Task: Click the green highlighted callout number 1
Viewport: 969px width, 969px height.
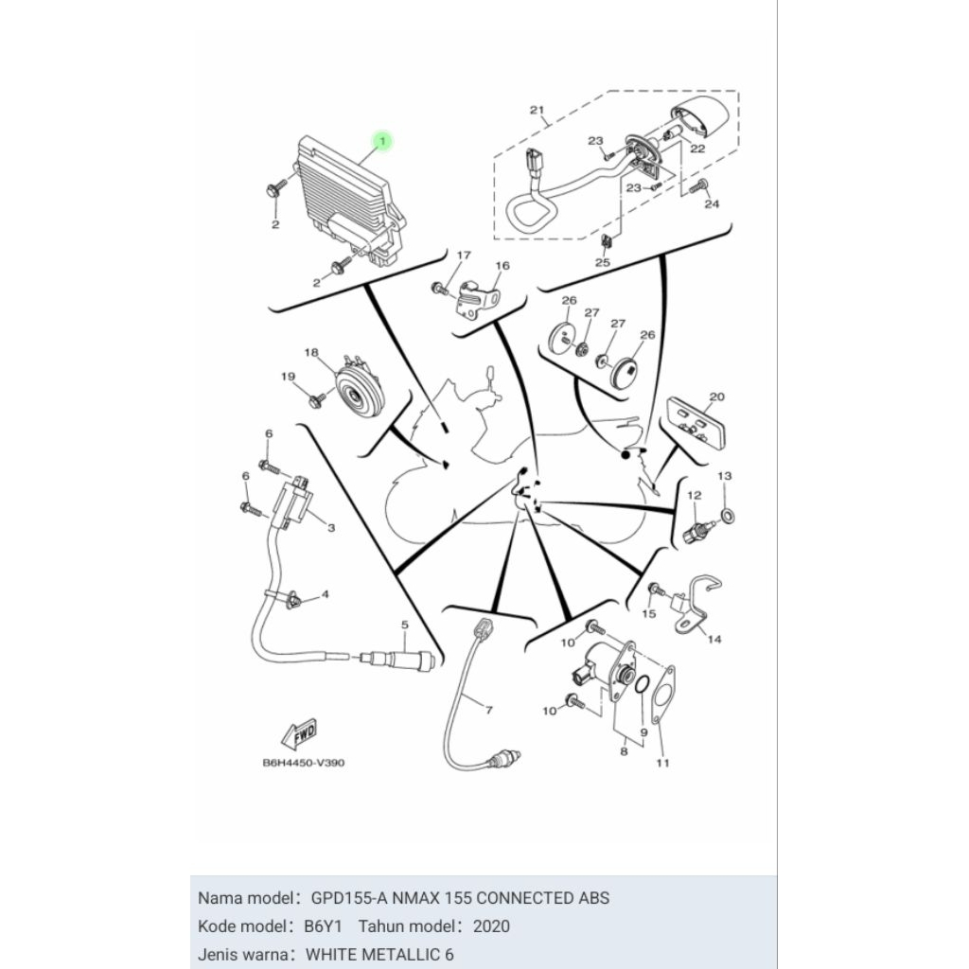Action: tap(382, 141)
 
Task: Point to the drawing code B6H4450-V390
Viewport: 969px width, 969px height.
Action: tap(303, 763)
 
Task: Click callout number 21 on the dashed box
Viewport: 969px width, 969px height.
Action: tap(537, 111)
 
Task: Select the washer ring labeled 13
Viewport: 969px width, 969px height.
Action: tap(726, 515)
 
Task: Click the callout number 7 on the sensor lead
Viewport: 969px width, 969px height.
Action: tap(488, 709)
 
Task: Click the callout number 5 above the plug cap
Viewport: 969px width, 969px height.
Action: tap(404, 625)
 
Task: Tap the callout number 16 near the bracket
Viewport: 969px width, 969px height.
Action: tap(502, 266)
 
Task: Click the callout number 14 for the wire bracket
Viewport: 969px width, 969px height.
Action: tap(714, 639)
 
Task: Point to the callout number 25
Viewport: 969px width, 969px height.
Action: tap(603, 262)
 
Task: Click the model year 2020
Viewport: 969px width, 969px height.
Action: tap(491, 925)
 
